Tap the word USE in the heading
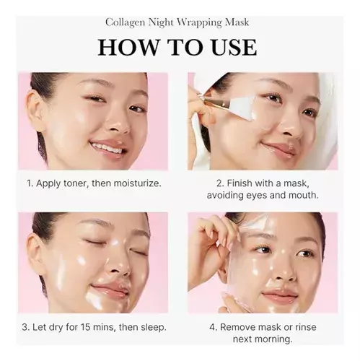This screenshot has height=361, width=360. click(x=233, y=48)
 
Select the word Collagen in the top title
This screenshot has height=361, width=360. click(x=126, y=22)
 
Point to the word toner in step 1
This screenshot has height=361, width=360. click(x=74, y=183)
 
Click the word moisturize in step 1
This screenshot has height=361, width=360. click(x=136, y=183)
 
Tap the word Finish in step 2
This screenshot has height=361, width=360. click(x=240, y=183)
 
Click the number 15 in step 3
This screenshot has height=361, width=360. click(x=85, y=327)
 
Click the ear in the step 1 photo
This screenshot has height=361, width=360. click(x=34, y=110)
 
